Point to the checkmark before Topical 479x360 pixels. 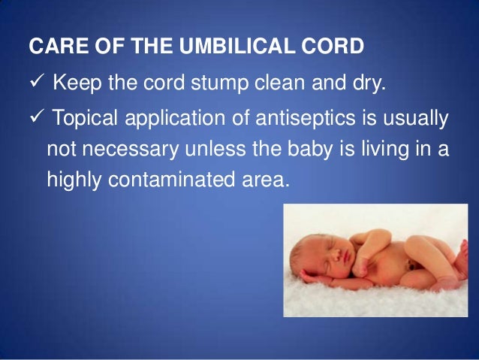tap(36, 117)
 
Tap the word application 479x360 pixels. tap(173, 118)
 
